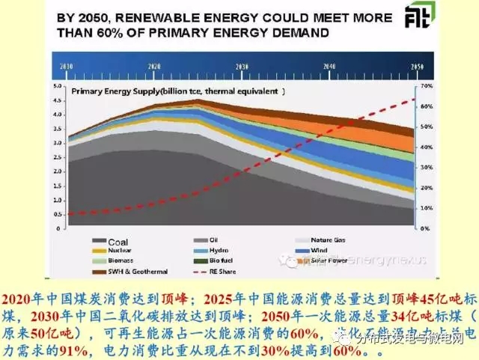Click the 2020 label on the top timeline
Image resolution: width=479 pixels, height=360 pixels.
pos(154,67)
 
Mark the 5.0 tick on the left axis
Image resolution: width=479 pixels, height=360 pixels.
pos(57,86)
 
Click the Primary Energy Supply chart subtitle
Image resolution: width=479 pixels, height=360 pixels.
pos(178,91)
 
